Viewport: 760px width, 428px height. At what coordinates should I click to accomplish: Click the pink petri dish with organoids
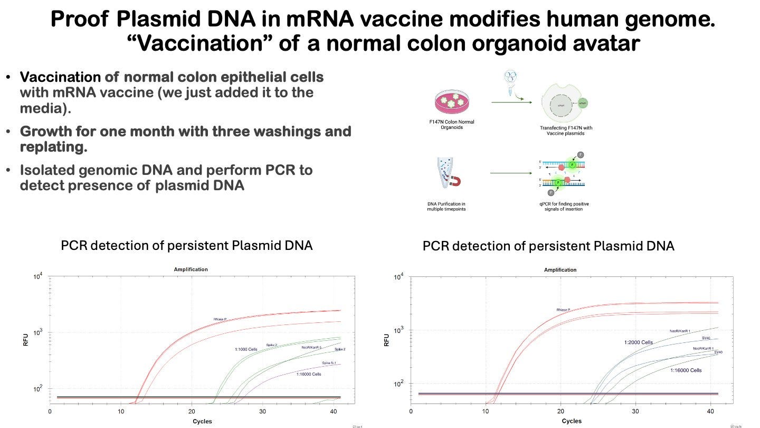coord(453,102)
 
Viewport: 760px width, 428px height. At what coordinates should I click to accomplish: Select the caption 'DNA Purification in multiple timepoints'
coord(446,206)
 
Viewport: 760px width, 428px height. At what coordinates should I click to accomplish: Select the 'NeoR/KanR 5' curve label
coord(311,347)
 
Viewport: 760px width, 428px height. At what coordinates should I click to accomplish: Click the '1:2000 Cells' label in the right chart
coord(638,342)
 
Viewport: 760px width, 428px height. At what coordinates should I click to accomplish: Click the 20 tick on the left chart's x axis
coord(192,411)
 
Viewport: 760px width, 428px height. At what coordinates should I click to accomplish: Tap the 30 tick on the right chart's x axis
coord(635,411)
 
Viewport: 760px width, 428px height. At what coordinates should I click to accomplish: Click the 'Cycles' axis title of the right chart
coord(572,421)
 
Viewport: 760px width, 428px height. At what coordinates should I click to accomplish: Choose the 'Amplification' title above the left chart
coord(191,269)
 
